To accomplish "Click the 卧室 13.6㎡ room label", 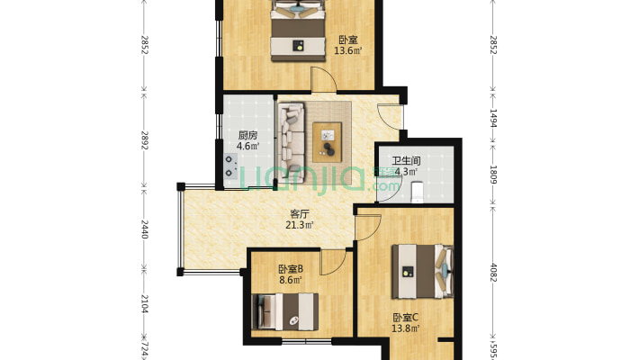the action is (348, 45).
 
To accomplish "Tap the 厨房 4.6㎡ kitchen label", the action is (247, 140).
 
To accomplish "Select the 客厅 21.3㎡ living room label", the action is (300, 220).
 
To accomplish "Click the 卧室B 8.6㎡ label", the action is (291, 274).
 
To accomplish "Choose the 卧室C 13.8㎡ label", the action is (406, 323).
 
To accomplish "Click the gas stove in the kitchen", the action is (230, 166).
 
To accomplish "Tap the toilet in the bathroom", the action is (418, 192).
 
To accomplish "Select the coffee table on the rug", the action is (327, 142).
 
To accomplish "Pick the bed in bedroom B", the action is (285, 312).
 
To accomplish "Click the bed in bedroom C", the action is (423, 272).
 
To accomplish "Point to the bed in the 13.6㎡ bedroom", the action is (299, 31).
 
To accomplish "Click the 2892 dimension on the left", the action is (144, 139).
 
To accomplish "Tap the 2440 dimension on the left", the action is (144, 229).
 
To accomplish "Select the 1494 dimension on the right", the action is (493, 118).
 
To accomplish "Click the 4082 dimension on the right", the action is (493, 273).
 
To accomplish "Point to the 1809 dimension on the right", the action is (493, 174).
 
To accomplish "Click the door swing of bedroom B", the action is (333, 262).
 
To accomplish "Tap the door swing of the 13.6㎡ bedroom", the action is (324, 79).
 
